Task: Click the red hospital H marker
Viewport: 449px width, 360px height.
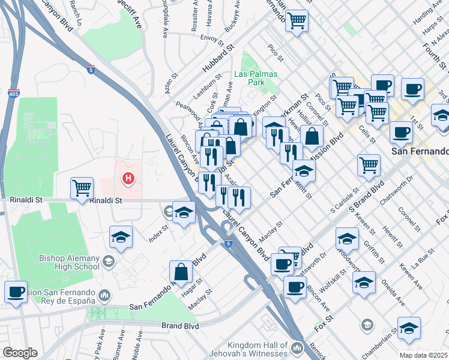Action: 127,178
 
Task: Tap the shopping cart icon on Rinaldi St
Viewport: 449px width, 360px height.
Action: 82,187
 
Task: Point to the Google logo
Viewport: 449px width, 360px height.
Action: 19,353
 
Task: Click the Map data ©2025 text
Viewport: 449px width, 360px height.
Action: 424,355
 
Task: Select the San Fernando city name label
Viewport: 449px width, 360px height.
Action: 420,151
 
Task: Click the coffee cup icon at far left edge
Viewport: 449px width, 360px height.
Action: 16,292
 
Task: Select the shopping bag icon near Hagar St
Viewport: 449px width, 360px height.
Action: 181,271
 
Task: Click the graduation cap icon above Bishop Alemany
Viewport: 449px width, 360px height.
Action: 121,237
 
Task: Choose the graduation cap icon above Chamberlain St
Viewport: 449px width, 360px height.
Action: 409,328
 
